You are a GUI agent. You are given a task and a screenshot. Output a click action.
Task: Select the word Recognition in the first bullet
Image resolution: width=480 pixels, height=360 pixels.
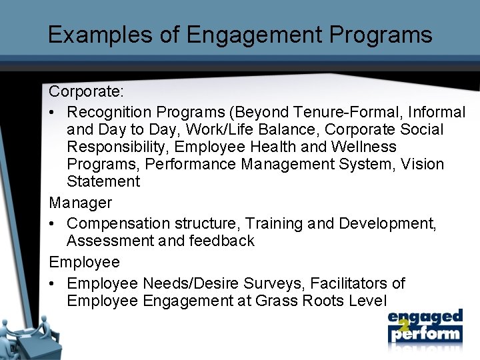(x=109, y=112)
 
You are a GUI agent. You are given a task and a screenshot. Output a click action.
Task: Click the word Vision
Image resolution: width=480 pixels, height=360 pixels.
(x=423, y=164)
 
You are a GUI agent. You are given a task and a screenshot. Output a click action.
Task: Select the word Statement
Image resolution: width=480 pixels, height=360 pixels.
(x=103, y=181)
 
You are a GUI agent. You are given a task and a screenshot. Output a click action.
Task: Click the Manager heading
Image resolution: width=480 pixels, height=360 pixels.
(x=80, y=202)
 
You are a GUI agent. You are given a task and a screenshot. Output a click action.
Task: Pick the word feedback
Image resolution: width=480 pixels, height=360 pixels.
(x=221, y=241)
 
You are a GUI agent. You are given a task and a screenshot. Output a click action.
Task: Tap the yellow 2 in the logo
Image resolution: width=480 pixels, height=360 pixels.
(x=403, y=325)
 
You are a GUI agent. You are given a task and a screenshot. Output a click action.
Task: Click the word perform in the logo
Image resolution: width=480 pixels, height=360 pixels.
(x=425, y=333)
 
